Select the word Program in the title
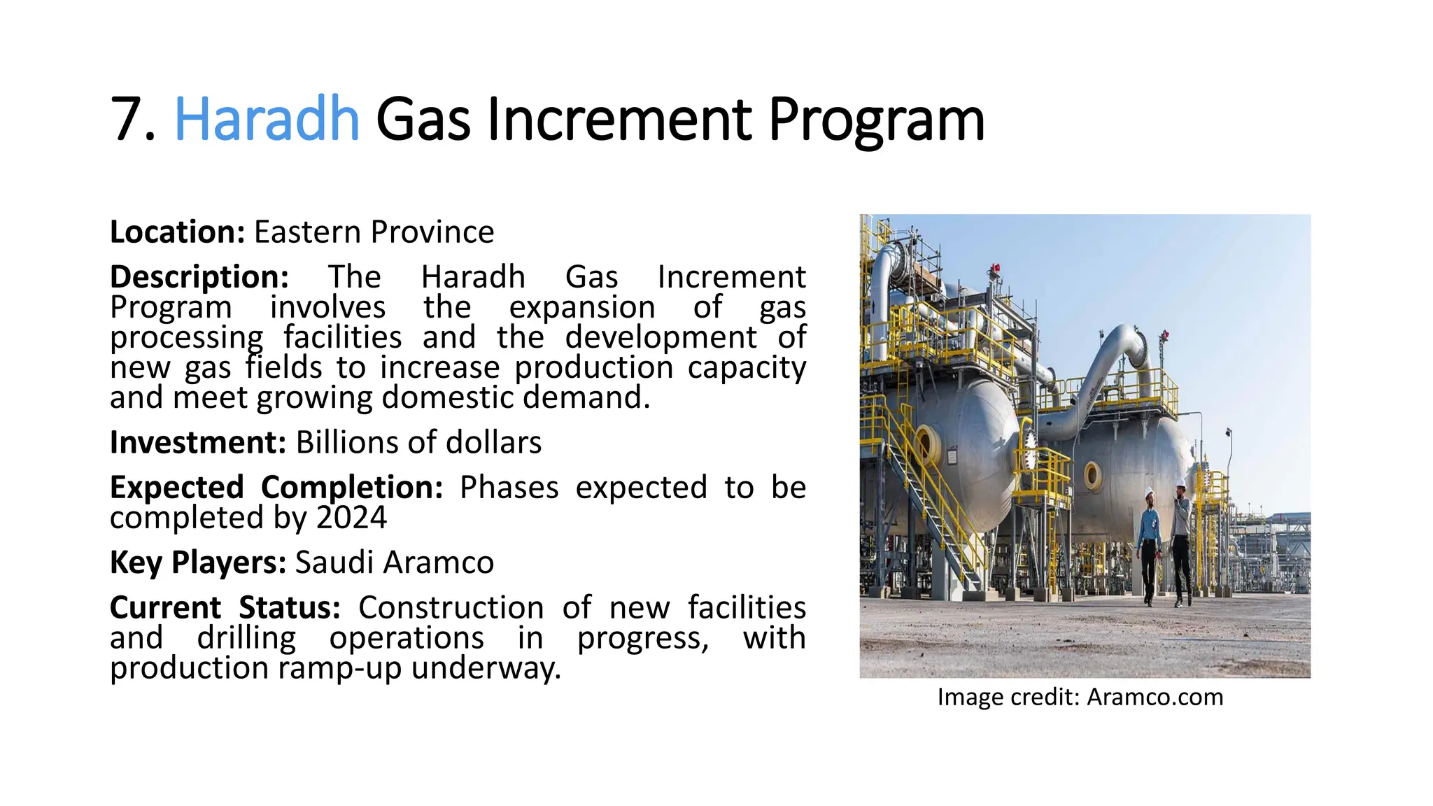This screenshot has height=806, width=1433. (x=876, y=120)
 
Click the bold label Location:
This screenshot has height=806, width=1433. (x=177, y=232)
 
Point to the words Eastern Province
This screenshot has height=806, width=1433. (x=374, y=232)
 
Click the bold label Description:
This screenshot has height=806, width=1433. (x=199, y=277)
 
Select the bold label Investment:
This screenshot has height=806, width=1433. (x=198, y=443)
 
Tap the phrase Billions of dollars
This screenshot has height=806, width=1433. (x=418, y=443)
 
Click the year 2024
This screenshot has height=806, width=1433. (x=351, y=518)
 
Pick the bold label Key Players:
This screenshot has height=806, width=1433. (x=198, y=563)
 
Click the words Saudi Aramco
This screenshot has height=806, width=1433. (x=395, y=563)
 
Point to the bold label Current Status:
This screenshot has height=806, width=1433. (x=225, y=607)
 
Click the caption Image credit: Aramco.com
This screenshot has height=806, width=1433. (x=1080, y=697)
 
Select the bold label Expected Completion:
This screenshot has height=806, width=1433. (x=276, y=488)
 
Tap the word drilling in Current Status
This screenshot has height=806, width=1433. (x=246, y=638)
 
